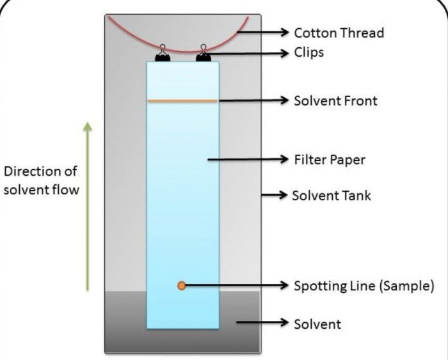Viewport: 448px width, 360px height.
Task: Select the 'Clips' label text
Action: (308, 52)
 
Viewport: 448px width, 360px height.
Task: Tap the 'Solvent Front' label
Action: (335, 100)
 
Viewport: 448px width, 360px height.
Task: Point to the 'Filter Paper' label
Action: (329, 159)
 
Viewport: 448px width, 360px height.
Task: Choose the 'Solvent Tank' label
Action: (332, 195)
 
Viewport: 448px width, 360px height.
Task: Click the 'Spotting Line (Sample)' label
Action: (364, 285)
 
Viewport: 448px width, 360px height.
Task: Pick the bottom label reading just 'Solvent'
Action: (317, 324)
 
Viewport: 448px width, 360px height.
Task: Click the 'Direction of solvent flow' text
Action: (42, 182)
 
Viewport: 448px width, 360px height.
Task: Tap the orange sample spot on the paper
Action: (182, 286)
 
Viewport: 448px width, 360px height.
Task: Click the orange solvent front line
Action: (182, 101)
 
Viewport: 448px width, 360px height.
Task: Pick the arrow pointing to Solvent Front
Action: (253, 100)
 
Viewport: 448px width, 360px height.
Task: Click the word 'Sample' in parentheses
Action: (409, 285)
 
